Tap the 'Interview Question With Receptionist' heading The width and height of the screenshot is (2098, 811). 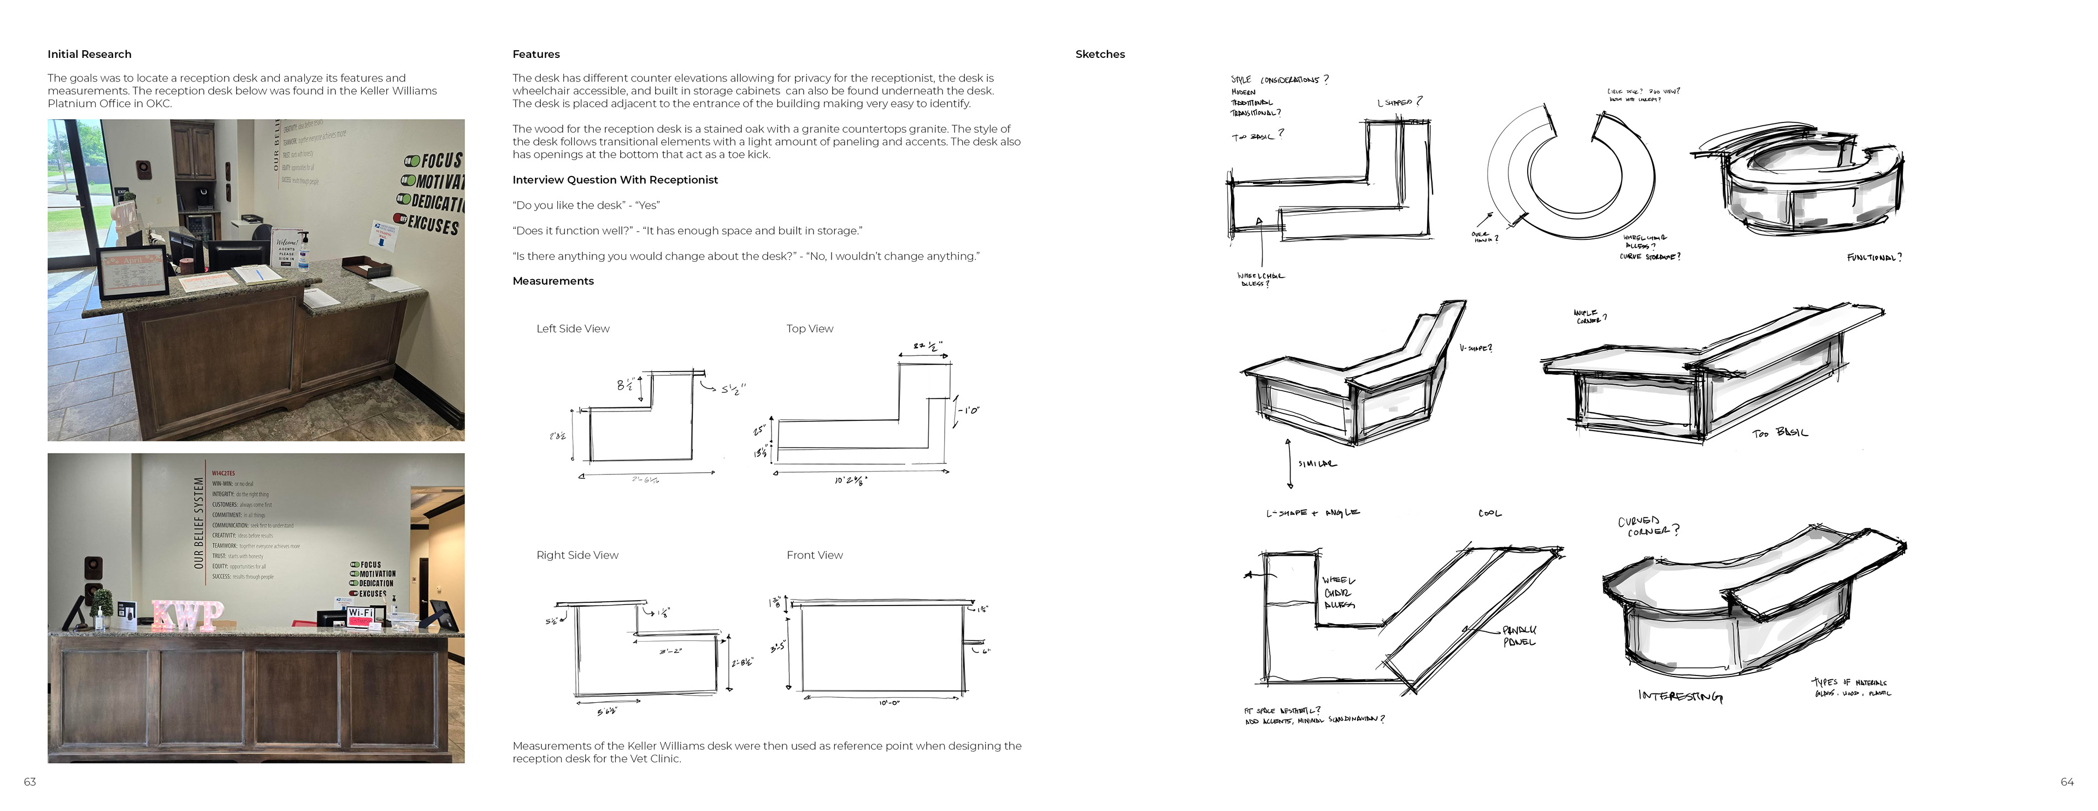(615, 180)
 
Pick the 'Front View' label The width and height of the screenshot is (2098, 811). (815, 555)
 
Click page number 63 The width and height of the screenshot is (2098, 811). (30, 781)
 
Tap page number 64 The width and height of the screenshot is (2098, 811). (2066, 781)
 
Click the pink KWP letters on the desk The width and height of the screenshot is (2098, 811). (187, 615)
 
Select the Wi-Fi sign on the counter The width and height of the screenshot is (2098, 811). (360, 613)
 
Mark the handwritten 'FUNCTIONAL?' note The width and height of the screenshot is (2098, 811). (1874, 257)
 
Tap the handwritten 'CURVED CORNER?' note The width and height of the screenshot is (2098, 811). (1647, 526)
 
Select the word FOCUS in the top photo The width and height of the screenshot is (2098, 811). (440, 161)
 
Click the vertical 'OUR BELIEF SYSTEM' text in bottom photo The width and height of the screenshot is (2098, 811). (199, 523)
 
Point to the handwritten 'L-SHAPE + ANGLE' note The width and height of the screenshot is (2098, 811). (1312, 513)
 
